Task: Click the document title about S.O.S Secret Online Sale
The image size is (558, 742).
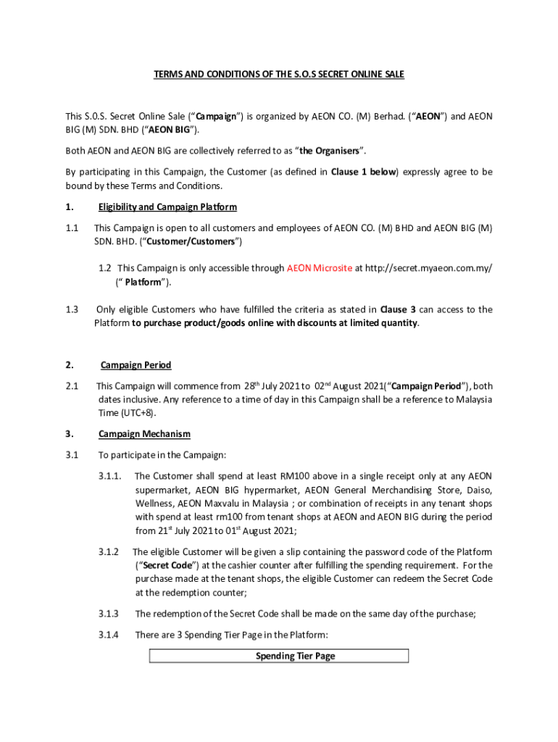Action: point(278,75)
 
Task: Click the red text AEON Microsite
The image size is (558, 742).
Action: point(319,268)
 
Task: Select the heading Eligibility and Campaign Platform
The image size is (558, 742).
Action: point(167,207)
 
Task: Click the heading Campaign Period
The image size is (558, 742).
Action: point(136,365)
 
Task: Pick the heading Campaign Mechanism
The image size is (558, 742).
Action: point(144,434)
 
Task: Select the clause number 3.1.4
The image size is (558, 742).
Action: point(109,635)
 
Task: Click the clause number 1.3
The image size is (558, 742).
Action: point(72,309)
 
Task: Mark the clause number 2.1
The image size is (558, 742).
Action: point(72,386)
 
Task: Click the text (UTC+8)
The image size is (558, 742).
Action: point(138,412)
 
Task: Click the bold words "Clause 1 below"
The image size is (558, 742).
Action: point(364,172)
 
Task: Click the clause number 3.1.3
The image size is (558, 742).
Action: point(109,614)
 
